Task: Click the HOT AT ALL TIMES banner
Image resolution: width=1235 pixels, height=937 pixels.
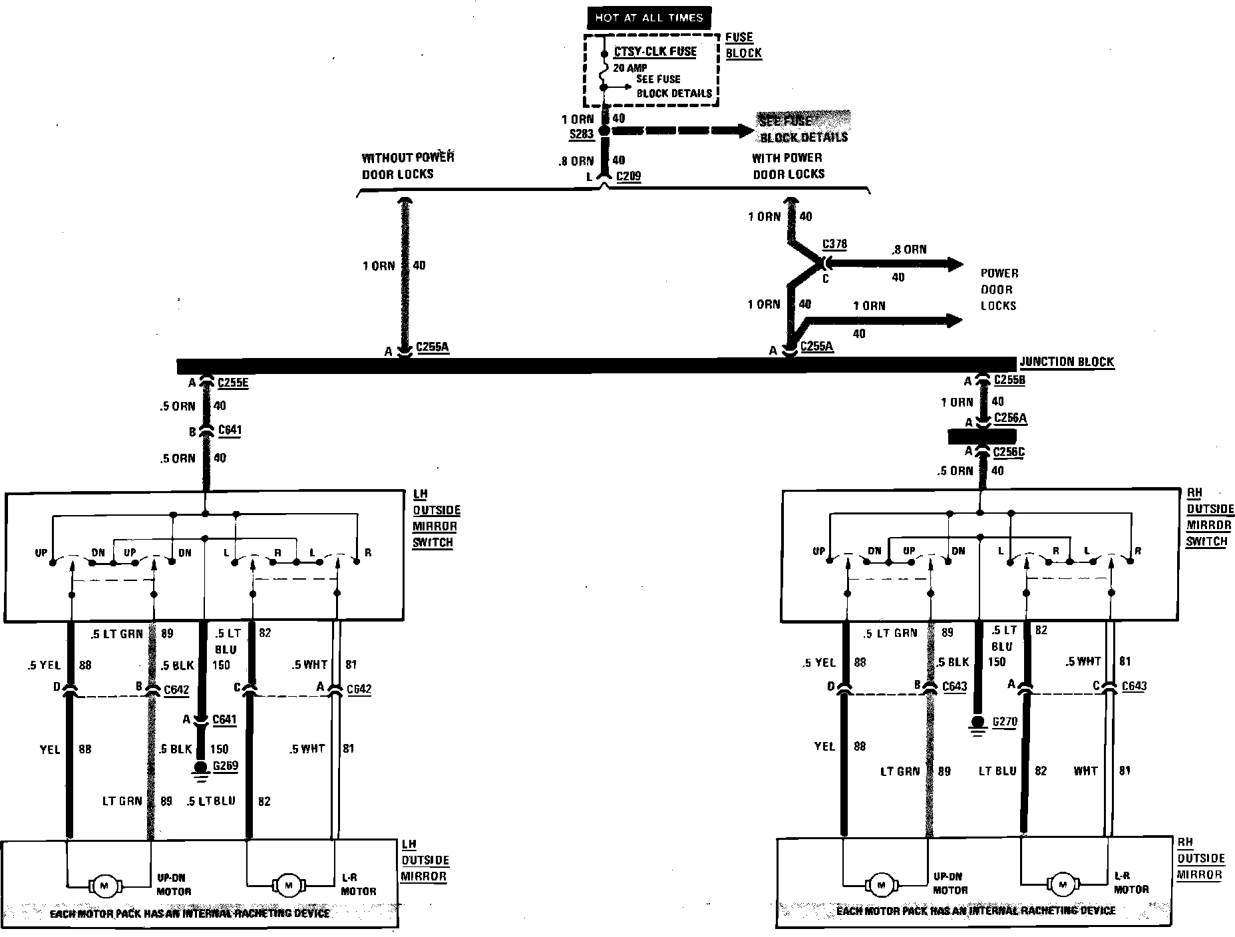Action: point(648,18)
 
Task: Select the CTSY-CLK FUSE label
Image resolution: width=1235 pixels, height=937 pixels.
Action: point(655,52)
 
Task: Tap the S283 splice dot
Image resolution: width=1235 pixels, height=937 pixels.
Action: point(604,131)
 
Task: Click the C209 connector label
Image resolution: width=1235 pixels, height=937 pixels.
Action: point(629,177)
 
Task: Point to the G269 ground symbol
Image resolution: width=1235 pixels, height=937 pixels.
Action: point(200,769)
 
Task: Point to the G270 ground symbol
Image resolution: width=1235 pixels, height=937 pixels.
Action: point(977,725)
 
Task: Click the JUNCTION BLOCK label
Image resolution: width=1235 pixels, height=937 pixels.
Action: point(1067,362)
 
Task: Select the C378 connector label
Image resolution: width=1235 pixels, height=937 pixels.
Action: point(834,244)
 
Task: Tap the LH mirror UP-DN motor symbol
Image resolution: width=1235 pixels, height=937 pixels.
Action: point(104,886)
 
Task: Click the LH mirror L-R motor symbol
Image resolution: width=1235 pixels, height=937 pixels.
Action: point(288,886)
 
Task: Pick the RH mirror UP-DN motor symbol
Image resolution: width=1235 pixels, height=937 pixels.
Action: point(882,885)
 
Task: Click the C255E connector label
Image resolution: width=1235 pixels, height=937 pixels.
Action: point(232,383)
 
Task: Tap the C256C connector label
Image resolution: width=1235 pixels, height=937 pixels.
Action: point(1009,453)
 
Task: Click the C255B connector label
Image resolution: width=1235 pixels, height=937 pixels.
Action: point(1009,381)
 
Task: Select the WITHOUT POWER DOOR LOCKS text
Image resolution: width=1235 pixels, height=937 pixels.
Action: point(407,166)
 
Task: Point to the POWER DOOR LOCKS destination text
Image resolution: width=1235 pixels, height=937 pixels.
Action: point(999,289)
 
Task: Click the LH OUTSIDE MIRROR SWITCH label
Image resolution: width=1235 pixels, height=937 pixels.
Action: point(435,518)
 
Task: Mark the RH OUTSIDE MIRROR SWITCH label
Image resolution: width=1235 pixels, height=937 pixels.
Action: point(1209,517)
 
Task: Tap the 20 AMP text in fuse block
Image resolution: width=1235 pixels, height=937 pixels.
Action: point(629,69)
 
